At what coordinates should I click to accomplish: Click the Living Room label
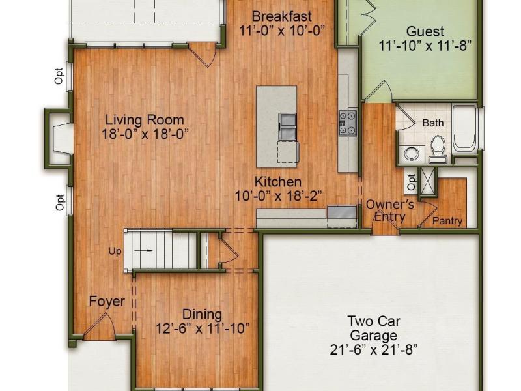coord(145,120)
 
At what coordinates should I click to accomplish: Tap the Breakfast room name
coord(282,16)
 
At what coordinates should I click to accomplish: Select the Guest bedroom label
coord(425,31)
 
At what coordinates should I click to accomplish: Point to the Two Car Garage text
coord(374,328)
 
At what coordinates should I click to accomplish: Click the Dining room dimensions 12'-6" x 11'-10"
coord(203,329)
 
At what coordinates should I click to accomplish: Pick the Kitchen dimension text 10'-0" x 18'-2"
coord(279,196)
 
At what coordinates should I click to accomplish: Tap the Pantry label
coord(447,221)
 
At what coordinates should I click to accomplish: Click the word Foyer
coord(107,302)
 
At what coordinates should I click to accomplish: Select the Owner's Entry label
coord(390,210)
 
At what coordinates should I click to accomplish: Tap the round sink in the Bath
coord(412,154)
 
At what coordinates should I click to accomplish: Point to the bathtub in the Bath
coord(464,128)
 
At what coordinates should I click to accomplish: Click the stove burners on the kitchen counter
coord(348,123)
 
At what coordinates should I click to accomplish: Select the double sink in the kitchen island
coord(287,126)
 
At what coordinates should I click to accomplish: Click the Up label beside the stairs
coord(115,252)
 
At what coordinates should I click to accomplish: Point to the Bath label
coord(433,123)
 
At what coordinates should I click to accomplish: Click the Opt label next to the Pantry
coord(412,182)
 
